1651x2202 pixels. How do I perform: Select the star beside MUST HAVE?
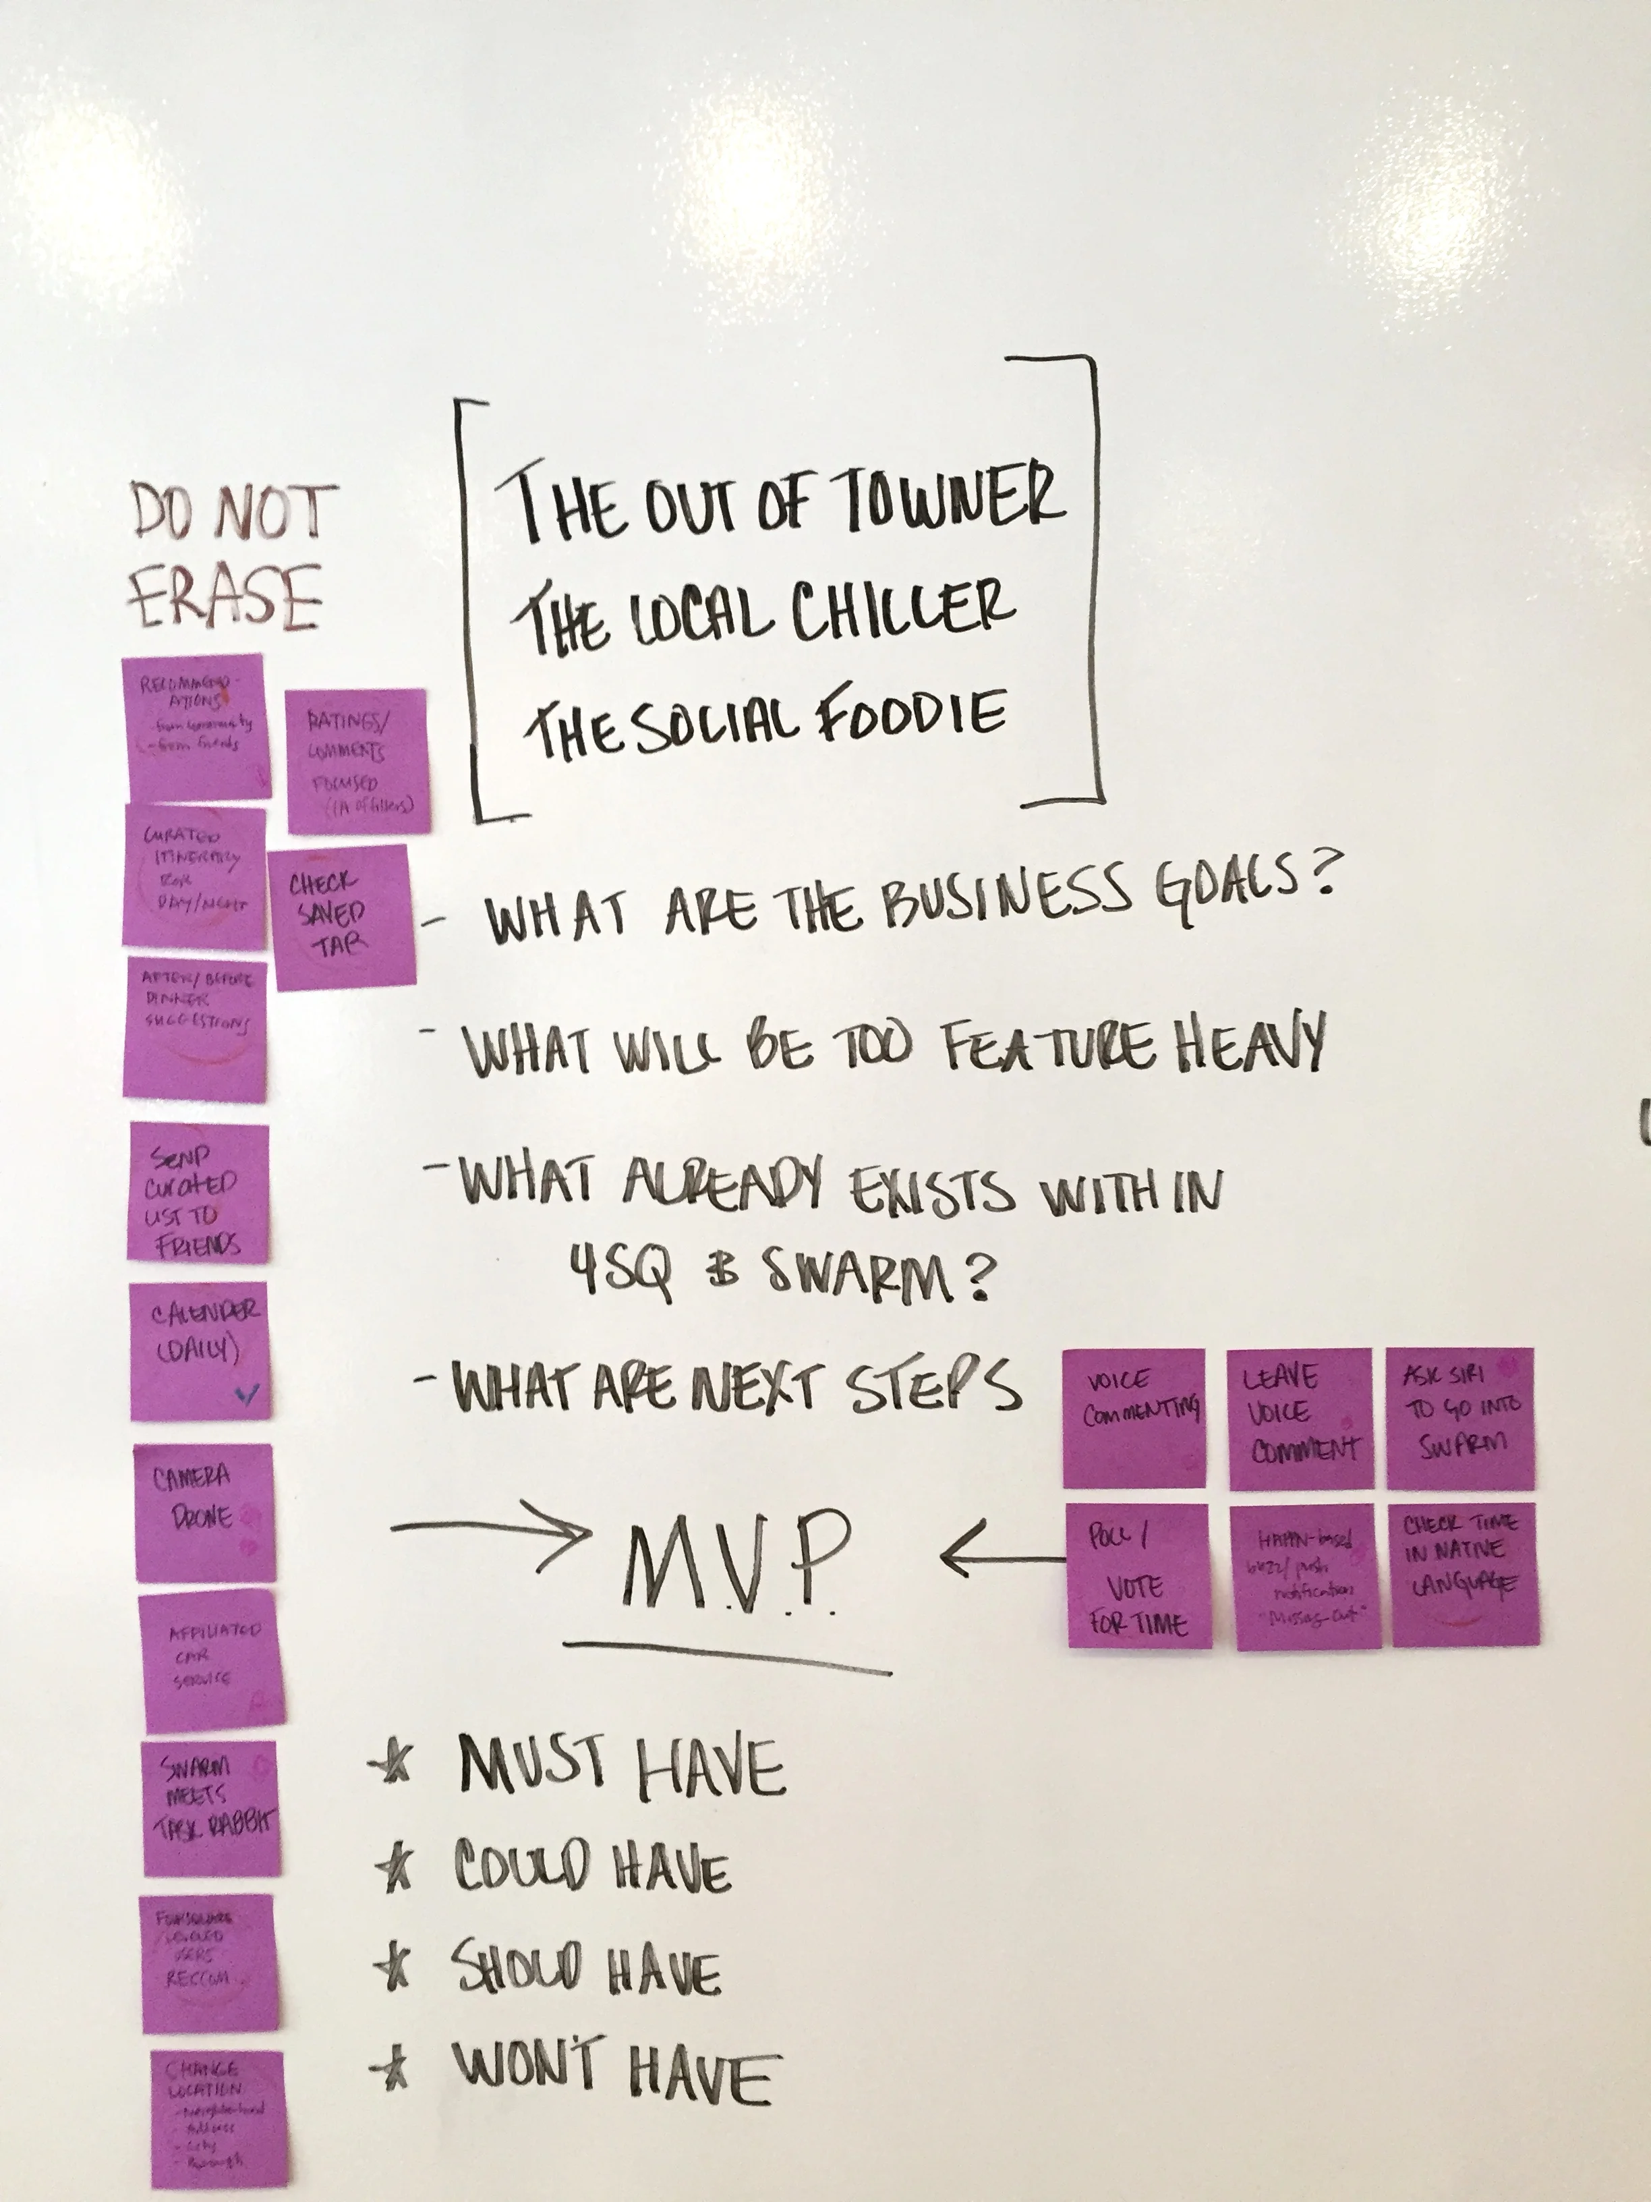tap(391, 1764)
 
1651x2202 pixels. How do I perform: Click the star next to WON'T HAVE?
tap(392, 2070)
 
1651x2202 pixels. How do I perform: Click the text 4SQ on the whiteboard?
tap(620, 1271)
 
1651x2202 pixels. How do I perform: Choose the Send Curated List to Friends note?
tap(198, 1193)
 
